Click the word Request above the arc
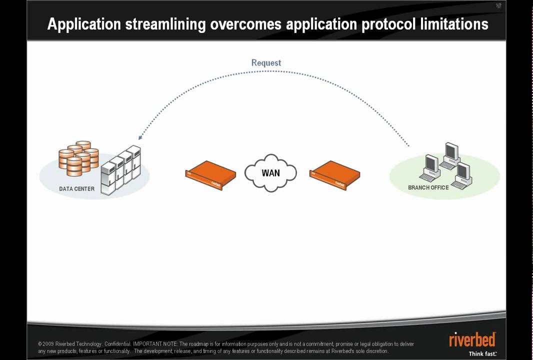click(266, 63)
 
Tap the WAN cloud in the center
click(270, 173)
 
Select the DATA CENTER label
click(76, 189)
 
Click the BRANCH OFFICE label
click(428, 188)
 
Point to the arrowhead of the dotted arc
click(140, 137)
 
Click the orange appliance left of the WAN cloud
click(210, 175)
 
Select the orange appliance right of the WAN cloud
click(334, 175)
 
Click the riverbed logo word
click(472, 340)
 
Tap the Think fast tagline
click(482, 353)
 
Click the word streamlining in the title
click(165, 24)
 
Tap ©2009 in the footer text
click(45, 344)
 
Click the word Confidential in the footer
click(117, 344)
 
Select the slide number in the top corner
click(498, 6)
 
